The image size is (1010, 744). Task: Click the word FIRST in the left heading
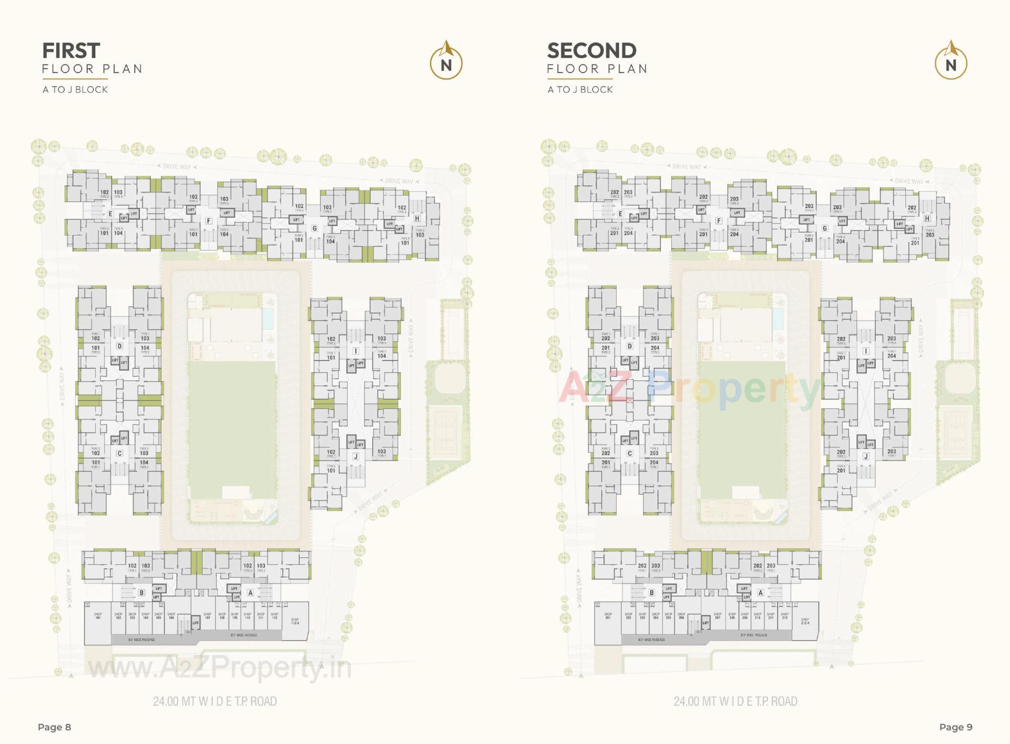[x=71, y=51]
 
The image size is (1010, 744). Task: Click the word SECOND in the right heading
[x=592, y=51]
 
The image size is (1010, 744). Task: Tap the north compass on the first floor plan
[x=446, y=62]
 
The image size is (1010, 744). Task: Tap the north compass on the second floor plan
[x=951, y=62]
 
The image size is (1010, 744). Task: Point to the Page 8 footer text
[x=54, y=727]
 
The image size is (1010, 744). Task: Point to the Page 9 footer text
[x=956, y=727]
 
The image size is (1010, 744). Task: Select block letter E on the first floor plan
[x=110, y=214]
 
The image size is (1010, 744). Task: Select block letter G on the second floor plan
[x=825, y=228]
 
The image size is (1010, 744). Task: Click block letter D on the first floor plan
[x=119, y=346]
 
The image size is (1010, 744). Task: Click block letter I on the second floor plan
[x=866, y=351]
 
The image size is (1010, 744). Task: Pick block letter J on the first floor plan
[x=356, y=456]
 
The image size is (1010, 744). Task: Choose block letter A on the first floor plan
[x=250, y=593]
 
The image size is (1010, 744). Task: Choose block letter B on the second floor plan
[x=652, y=593]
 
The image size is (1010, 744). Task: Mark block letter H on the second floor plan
[x=927, y=218]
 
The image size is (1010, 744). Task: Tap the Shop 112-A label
[x=295, y=621]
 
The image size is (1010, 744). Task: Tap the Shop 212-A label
[x=805, y=621]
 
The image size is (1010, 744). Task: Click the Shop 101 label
[x=98, y=616]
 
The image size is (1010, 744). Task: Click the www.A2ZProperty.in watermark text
[x=219, y=668]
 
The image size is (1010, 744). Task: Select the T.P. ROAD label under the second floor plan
[x=735, y=701]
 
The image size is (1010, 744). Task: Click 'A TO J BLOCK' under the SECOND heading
[x=580, y=90]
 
